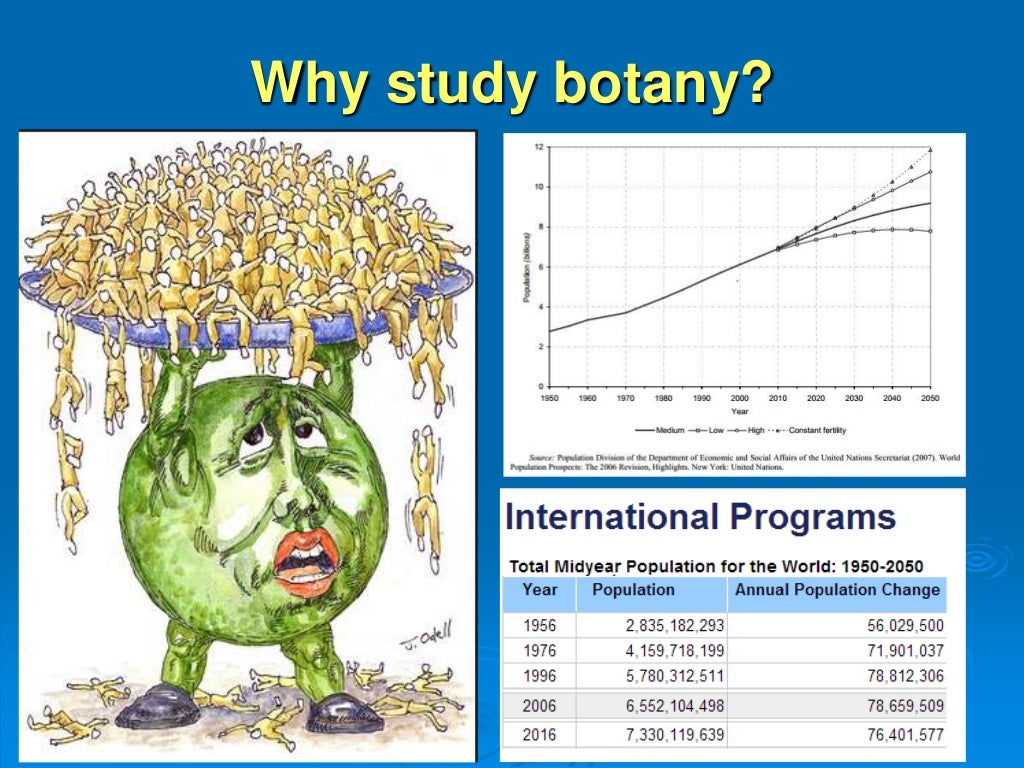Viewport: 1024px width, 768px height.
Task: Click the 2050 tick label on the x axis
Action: (x=930, y=398)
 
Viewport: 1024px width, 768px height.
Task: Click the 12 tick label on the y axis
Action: (x=539, y=147)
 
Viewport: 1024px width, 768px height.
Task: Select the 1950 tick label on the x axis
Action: (x=549, y=398)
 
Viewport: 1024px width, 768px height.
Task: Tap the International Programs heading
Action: (x=700, y=517)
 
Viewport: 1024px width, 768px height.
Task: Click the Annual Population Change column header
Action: (x=837, y=590)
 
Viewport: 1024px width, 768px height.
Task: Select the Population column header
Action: (x=633, y=590)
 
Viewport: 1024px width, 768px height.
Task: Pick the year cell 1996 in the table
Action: (x=540, y=675)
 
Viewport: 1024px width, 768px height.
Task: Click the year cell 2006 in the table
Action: (x=540, y=706)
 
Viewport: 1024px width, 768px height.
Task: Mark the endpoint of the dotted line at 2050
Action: (x=930, y=149)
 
